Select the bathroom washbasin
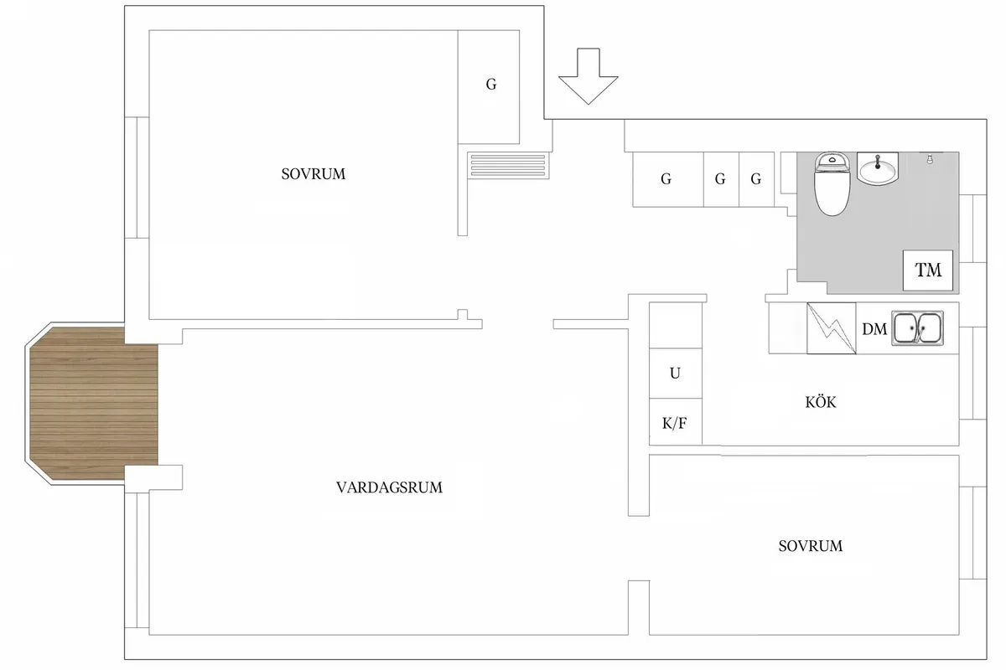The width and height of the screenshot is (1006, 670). [878, 168]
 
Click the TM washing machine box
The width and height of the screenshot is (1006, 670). [928, 270]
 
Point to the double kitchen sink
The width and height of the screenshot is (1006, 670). [917, 328]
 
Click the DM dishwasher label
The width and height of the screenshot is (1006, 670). [874, 330]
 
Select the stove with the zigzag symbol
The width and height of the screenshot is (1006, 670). [832, 328]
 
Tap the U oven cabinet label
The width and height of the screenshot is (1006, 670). [675, 374]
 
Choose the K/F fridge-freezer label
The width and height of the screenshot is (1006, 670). [675, 423]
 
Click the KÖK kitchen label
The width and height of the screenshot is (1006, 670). [820, 403]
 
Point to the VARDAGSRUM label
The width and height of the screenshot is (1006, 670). [388, 487]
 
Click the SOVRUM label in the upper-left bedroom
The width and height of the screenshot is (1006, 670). [313, 174]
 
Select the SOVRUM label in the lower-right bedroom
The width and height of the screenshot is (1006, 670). [810, 546]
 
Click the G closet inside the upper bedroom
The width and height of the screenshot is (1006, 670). [490, 85]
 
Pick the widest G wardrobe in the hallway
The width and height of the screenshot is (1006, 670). [666, 178]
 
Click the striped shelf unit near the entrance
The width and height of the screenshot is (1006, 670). [505, 163]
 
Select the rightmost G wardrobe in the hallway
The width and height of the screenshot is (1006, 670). [755, 178]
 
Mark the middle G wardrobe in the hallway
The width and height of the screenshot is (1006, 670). [720, 178]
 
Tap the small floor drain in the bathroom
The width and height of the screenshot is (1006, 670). [928, 157]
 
